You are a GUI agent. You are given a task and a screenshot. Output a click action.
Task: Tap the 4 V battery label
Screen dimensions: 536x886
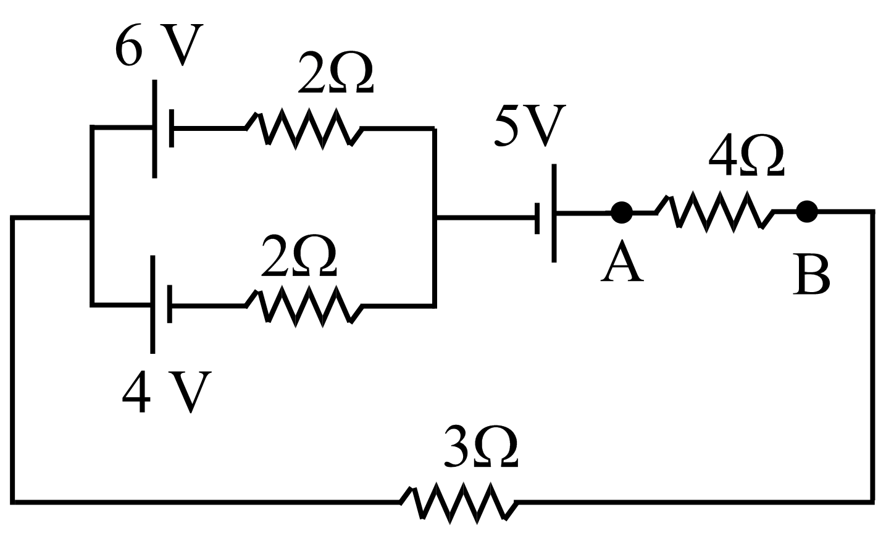point(167,392)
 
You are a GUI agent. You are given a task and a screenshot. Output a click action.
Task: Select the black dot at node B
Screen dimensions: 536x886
point(806,212)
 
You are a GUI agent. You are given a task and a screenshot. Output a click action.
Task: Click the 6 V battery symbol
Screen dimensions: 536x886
point(162,128)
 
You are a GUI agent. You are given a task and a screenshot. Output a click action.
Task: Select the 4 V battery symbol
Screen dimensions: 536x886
point(161,304)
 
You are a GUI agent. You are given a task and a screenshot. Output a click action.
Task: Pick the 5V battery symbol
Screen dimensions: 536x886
point(546,214)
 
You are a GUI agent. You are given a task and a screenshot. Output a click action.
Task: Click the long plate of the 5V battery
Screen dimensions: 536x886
point(554,214)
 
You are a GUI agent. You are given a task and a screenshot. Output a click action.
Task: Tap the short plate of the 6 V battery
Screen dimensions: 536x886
point(171,128)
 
